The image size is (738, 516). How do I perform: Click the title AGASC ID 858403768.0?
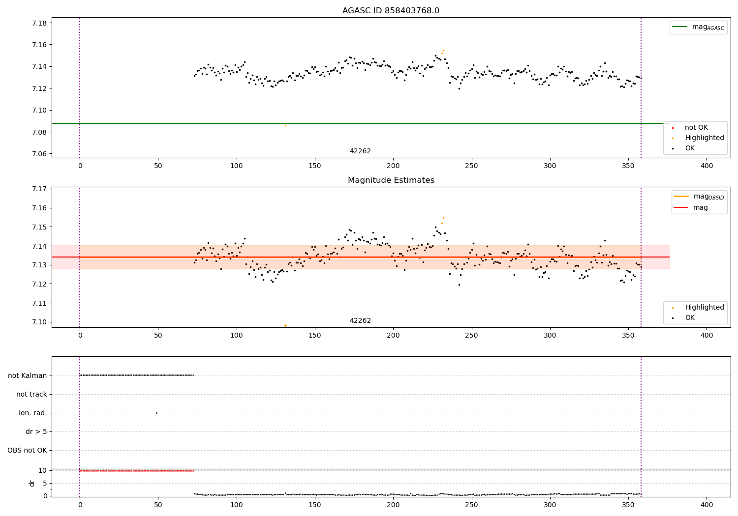(x=391, y=11)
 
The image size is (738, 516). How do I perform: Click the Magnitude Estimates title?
(x=391, y=180)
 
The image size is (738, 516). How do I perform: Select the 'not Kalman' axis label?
(x=28, y=375)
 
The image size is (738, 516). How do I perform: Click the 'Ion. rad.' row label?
(x=33, y=413)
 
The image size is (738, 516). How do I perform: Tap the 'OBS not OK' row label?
(x=28, y=450)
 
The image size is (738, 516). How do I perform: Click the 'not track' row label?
(x=31, y=394)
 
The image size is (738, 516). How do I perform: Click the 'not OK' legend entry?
(x=696, y=128)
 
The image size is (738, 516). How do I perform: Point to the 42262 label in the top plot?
(x=360, y=151)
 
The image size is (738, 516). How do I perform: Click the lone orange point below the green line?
(x=285, y=125)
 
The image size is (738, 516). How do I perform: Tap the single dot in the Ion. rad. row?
(x=156, y=413)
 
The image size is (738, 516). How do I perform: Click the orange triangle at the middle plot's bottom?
(x=285, y=326)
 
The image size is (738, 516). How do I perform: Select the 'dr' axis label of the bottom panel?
(x=32, y=483)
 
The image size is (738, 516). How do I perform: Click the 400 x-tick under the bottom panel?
(x=707, y=505)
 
